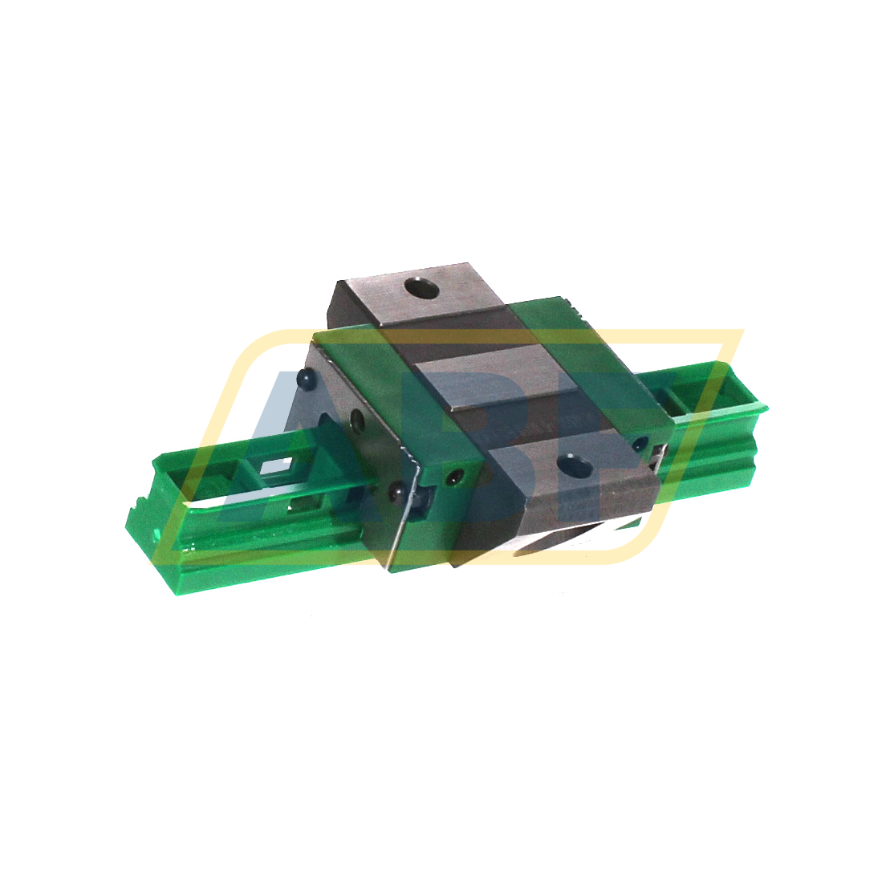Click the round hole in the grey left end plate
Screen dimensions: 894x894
point(357,418)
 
